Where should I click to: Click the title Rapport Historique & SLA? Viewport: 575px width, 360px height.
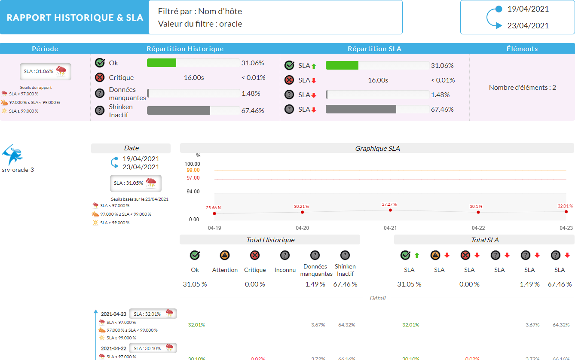(x=75, y=18)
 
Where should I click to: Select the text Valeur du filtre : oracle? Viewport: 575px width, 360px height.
(x=200, y=24)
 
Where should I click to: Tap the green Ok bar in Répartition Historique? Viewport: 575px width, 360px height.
(x=162, y=63)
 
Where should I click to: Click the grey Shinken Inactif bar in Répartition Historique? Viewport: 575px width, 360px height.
(x=178, y=110)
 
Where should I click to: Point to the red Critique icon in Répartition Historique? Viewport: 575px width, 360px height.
(x=100, y=77)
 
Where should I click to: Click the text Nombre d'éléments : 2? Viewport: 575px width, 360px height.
(x=522, y=87)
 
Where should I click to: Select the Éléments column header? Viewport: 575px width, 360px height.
(x=522, y=49)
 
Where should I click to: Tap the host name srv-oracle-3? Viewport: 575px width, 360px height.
(x=18, y=170)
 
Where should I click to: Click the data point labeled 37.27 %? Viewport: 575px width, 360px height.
(x=390, y=210)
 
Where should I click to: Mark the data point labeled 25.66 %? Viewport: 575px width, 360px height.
(x=214, y=214)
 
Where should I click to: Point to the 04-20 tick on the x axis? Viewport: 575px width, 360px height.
(x=302, y=228)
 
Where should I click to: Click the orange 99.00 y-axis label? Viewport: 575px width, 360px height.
(x=193, y=170)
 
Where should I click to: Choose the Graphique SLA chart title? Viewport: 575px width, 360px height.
(x=377, y=148)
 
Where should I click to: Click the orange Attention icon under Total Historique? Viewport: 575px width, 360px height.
(x=225, y=256)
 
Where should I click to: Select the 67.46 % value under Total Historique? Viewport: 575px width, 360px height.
(x=345, y=284)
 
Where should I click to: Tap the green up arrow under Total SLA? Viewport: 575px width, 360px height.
(x=416, y=255)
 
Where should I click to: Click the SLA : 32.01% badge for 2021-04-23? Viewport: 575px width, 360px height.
(x=153, y=314)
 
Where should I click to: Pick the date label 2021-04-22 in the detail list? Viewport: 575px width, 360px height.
(x=113, y=348)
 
